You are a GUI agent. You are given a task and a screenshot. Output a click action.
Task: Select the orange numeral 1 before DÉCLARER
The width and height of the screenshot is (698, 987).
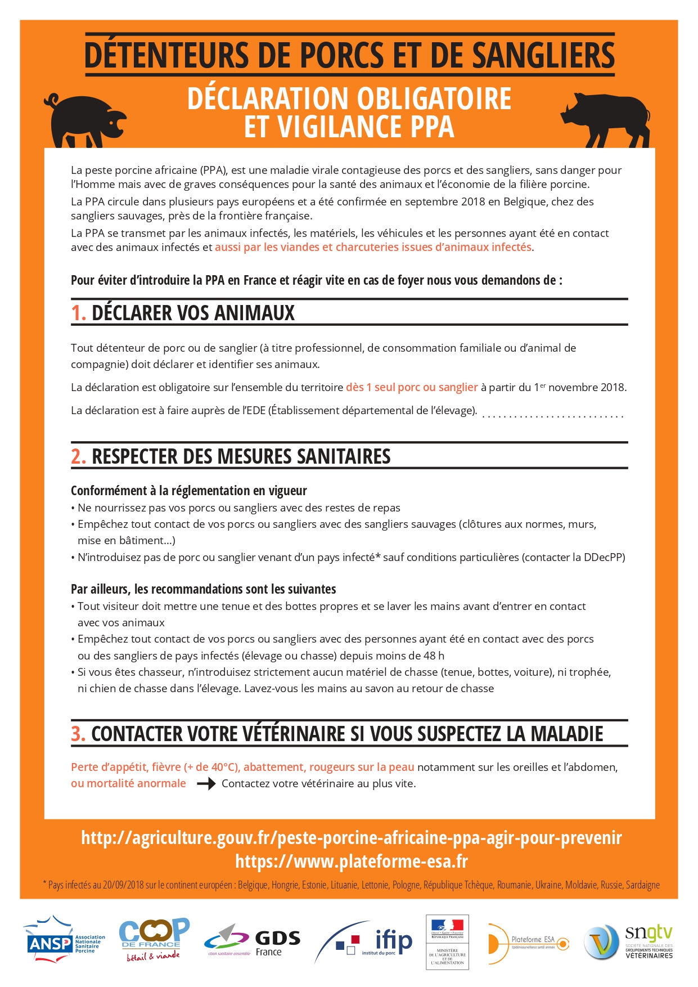tap(78, 313)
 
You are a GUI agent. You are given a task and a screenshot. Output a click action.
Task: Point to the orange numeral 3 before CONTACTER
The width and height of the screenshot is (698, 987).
tap(78, 734)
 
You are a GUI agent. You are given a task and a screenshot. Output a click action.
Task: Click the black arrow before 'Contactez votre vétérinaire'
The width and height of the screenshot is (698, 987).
tap(206, 783)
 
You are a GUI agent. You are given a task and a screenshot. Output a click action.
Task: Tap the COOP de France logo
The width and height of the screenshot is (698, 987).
tap(154, 940)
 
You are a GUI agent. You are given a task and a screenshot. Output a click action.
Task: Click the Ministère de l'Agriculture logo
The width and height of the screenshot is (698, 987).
tap(447, 941)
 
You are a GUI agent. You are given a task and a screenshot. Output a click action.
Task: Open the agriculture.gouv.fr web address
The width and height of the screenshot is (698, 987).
tap(352, 838)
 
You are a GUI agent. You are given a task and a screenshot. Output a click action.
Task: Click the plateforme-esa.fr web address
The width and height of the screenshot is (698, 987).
tap(352, 862)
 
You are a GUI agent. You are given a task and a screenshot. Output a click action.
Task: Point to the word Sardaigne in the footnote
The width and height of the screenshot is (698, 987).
tap(642, 885)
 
